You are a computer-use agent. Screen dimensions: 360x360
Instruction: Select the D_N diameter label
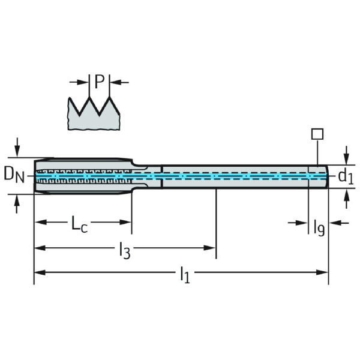(14, 175)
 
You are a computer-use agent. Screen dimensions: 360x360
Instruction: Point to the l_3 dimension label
(124, 249)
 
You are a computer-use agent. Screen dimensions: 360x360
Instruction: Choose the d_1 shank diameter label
(345, 176)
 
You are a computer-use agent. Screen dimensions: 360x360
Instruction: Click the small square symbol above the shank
(317, 134)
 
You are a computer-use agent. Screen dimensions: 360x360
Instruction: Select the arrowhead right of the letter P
(115, 82)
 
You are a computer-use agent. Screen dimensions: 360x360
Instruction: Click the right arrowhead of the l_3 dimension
(211, 247)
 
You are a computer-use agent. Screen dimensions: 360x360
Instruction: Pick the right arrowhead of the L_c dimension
(127, 222)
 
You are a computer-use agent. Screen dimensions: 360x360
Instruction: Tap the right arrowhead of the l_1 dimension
(324, 272)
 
